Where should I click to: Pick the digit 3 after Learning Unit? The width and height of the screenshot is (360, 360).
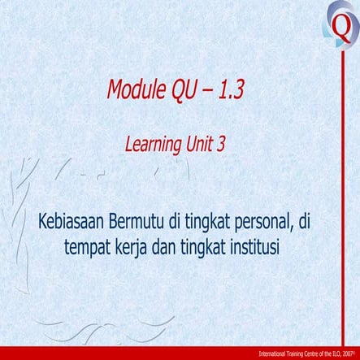click(x=221, y=145)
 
